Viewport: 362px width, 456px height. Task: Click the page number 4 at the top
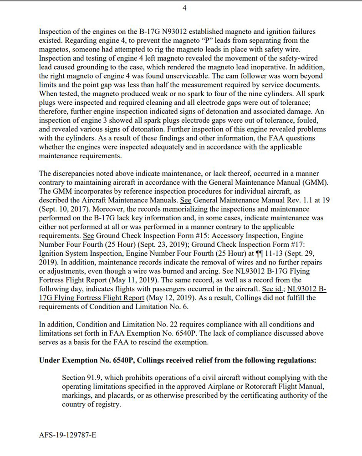184,8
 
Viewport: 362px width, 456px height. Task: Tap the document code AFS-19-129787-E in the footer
68,435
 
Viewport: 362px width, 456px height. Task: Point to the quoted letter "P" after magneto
173,41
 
